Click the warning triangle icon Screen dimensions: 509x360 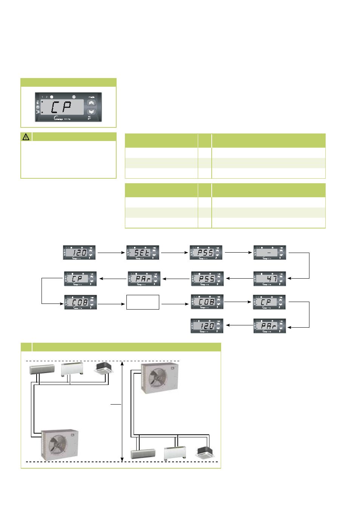click(26, 137)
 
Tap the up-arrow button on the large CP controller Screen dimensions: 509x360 click(91, 103)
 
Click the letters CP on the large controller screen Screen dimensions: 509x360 click(62, 107)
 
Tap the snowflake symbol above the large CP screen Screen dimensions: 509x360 click(74, 97)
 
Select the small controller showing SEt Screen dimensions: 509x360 click(143, 253)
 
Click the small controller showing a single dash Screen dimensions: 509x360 click(270, 253)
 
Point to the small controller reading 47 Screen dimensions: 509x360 click(270, 279)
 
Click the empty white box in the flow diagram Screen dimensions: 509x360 click(143, 302)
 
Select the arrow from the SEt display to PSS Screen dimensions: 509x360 click(174, 253)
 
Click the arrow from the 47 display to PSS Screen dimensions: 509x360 click(239, 279)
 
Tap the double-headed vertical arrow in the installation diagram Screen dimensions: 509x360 click(122, 411)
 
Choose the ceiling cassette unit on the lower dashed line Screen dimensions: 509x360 click(205, 452)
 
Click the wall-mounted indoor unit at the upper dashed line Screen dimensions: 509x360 click(42, 369)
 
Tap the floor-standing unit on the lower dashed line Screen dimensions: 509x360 click(175, 452)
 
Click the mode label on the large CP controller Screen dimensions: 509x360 click(91, 97)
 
